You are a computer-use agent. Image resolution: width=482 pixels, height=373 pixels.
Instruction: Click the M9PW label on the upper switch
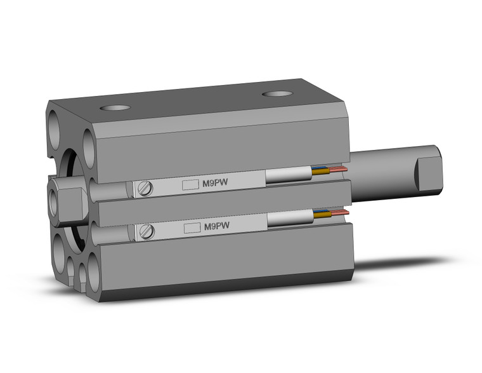click(216, 184)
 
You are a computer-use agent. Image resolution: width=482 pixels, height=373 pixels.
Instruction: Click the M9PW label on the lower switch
click(216, 226)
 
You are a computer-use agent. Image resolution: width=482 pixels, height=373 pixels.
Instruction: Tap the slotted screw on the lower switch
click(148, 231)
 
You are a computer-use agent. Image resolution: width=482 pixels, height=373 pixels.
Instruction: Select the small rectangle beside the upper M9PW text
click(190, 185)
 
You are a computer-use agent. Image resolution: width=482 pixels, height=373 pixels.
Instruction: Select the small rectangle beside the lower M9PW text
click(191, 227)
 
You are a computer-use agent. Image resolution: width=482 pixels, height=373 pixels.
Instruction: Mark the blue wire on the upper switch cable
click(319, 170)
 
